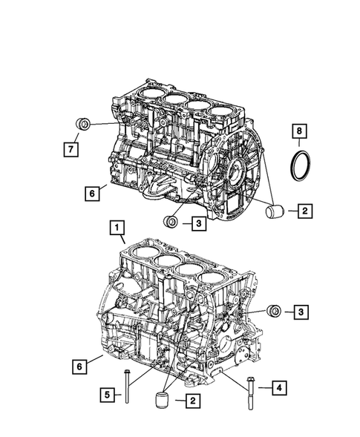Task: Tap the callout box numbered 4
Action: pos(279,387)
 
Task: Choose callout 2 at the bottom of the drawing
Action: pos(192,401)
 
